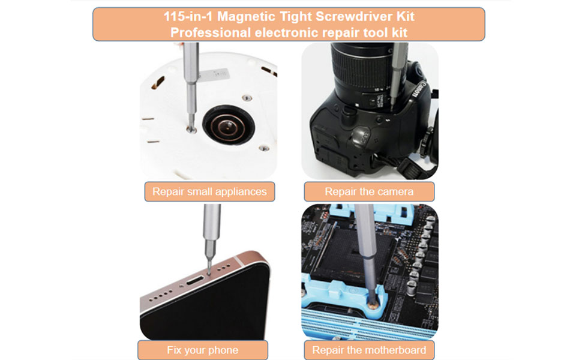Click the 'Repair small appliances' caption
pos(209,192)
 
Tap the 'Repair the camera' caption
pos(369,192)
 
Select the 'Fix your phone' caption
pos(202,350)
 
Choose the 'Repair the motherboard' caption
pos(369,350)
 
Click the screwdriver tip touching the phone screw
pos(208,269)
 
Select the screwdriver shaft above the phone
pos(211,231)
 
